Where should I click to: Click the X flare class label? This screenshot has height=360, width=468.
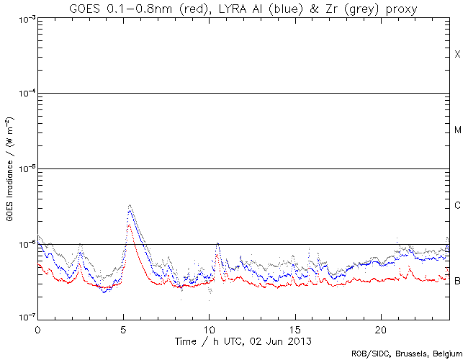coord(457,55)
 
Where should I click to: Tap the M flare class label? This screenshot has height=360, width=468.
coord(457,130)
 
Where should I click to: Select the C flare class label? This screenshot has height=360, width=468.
coord(457,206)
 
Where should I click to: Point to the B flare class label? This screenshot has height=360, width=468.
coord(457,280)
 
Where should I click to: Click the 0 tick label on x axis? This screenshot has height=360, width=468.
coord(37,328)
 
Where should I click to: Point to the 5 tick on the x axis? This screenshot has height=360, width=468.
coord(123,328)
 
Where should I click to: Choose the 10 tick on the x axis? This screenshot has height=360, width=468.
coord(209,328)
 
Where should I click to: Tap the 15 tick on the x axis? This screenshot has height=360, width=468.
coord(294,328)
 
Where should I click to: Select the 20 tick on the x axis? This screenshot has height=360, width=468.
coord(380,328)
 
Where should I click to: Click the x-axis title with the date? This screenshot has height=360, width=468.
coord(243,339)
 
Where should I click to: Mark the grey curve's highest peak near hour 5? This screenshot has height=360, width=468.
coord(129,205)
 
